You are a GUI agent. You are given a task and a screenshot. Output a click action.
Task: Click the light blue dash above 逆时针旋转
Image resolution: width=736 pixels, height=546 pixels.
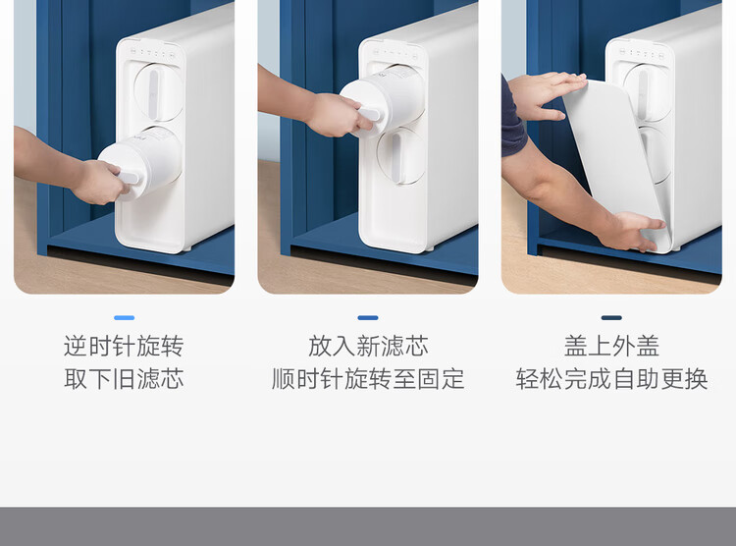tap(124, 317)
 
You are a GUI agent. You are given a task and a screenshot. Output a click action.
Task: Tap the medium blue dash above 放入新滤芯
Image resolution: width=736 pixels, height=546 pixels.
tap(368, 317)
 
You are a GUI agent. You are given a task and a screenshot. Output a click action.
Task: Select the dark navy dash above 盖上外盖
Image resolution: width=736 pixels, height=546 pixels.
tap(611, 317)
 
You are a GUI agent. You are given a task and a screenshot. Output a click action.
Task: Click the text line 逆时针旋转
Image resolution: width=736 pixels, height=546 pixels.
tap(124, 347)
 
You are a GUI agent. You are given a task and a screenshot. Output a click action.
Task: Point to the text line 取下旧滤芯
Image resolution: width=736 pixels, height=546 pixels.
tap(124, 379)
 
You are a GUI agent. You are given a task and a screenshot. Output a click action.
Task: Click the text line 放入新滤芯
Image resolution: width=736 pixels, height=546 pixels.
tap(368, 347)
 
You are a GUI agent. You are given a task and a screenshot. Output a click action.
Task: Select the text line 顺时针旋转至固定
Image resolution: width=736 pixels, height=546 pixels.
tap(368, 379)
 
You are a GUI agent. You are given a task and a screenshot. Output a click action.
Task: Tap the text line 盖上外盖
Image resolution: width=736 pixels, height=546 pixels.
tap(611, 347)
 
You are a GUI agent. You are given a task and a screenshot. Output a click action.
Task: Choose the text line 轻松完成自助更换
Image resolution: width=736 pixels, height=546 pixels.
tap(611, 379)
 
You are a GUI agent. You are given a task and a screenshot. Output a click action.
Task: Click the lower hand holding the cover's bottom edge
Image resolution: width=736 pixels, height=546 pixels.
tap(631, 231)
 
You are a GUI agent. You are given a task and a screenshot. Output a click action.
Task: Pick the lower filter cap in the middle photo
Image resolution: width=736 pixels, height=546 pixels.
tap(400, 155)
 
